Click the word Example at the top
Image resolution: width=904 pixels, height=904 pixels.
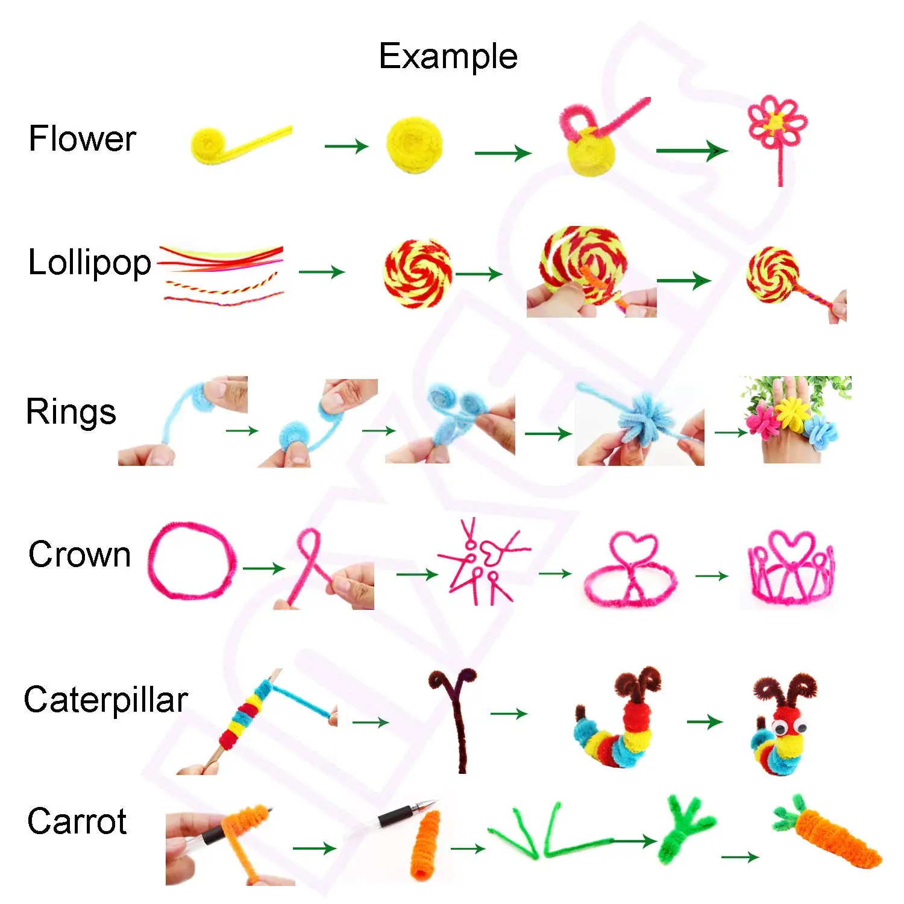(x=448, y=57)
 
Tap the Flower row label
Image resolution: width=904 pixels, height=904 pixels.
(x=82, y=139)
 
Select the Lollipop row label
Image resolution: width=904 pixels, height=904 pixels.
(x=90, y=263)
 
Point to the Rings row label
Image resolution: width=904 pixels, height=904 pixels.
(x=71, y=413)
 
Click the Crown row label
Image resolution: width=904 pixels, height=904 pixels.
(x=80, y=554)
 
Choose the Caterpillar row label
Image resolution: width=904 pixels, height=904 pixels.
(x=106, y=700)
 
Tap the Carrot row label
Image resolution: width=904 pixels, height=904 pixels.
(x=77, y=821)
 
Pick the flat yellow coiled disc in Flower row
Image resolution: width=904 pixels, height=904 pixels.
(x=415, y=145)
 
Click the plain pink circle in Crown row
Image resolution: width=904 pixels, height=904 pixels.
(x=192, y=560)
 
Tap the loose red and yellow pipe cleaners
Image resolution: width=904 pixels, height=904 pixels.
(x=222, y=274)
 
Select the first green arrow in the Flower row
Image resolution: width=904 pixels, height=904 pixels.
(x=346, y=146)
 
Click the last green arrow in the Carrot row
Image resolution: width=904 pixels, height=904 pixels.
(x=739, y=856)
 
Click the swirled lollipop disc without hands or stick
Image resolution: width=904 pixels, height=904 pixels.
(x=418, y=273)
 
